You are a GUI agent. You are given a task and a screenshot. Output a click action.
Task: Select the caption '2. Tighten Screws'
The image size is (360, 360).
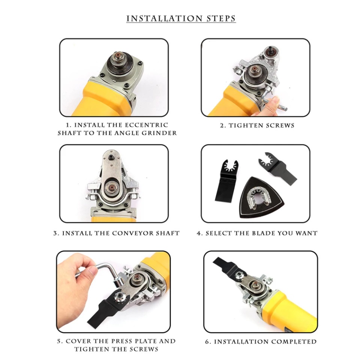click(257, 125)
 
